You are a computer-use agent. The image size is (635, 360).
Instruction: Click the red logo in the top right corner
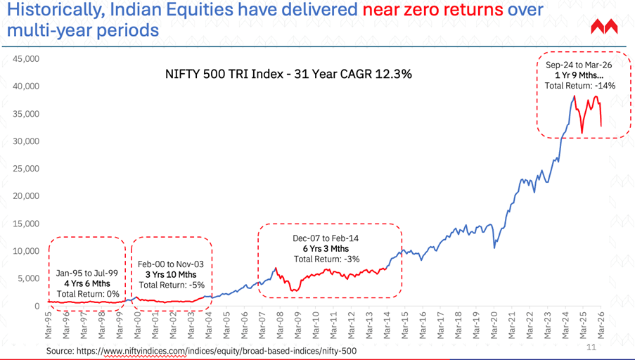click(604, 27)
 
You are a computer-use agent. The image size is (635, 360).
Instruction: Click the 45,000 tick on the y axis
click(26, 59)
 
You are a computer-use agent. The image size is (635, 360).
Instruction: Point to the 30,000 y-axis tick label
click(26, 141)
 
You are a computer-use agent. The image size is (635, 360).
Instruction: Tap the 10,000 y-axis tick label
click(26, 251)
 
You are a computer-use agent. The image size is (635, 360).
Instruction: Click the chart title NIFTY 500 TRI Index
click(288, 74)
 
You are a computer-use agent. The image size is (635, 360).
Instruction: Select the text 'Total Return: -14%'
click(580, 86)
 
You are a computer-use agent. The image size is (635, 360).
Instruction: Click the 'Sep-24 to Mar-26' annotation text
click(580, 65)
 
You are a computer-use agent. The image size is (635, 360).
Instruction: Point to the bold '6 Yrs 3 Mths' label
click(328, 249)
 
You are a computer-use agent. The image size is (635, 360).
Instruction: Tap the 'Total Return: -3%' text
click(328, 259)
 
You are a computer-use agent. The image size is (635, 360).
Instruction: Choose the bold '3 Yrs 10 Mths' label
click(172, 275)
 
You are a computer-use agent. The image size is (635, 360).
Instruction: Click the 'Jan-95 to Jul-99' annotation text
click(87, 274)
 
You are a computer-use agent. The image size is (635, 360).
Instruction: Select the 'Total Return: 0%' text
click(87, 294)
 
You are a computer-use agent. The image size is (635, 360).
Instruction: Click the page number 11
click(590, 347)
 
